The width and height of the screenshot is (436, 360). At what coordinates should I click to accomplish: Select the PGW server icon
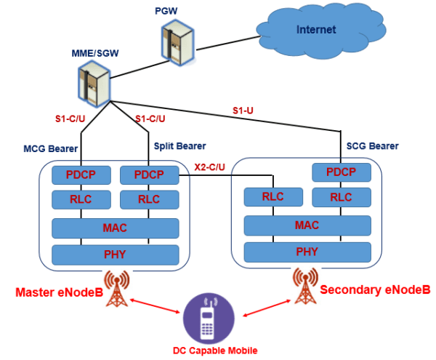(174, 42)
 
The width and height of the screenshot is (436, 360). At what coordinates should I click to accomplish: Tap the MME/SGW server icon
(95, 81)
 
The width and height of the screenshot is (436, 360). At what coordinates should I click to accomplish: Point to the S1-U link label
(243, 110)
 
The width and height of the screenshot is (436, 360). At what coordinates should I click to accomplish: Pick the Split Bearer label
(179, 146)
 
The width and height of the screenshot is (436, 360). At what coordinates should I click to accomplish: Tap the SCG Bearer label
(374, 146)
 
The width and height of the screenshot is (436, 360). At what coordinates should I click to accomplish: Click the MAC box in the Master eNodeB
(115, 228)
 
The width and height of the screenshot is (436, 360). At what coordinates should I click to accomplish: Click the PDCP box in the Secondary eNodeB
(340, 173)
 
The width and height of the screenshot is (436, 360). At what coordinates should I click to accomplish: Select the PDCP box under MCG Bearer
(81, 175)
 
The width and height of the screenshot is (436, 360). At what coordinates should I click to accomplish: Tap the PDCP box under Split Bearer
(148, 175)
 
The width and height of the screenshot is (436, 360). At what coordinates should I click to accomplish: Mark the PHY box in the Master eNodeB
(115, 255)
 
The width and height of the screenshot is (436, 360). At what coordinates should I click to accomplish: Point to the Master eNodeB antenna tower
(115, 288)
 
